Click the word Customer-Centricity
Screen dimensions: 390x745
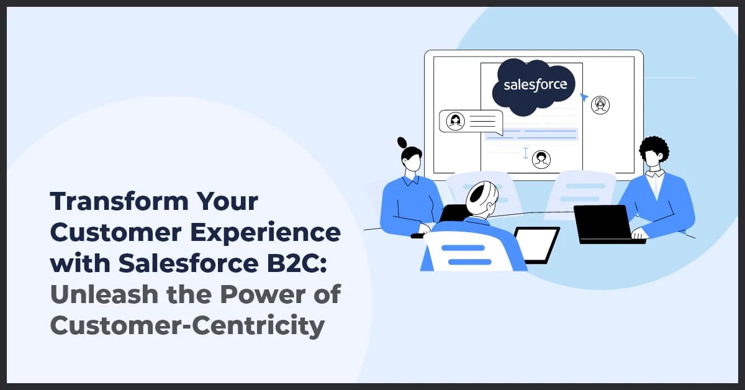pyautogui.click(x=187, y=325)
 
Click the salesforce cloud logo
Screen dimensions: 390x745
pyautogui.click(x=535, y=86)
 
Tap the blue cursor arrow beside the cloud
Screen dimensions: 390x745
pyautogui.click(x=584, y=97)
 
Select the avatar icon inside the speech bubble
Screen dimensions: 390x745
pyautogui.click(x=456, y=120)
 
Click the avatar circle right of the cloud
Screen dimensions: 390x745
pyautogui.click(x=600, y=105)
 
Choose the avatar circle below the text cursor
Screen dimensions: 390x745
pyautogui.click(x=541, y=158)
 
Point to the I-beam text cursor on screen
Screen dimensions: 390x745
pyautogui.click(x=526, y=152)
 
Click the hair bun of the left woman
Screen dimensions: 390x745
pyautogui.click(x=401, y=142)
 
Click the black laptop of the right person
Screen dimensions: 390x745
pyautogui.click(x=602, y=222)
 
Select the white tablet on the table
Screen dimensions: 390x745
pyautogui.click(x=535, y=243)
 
